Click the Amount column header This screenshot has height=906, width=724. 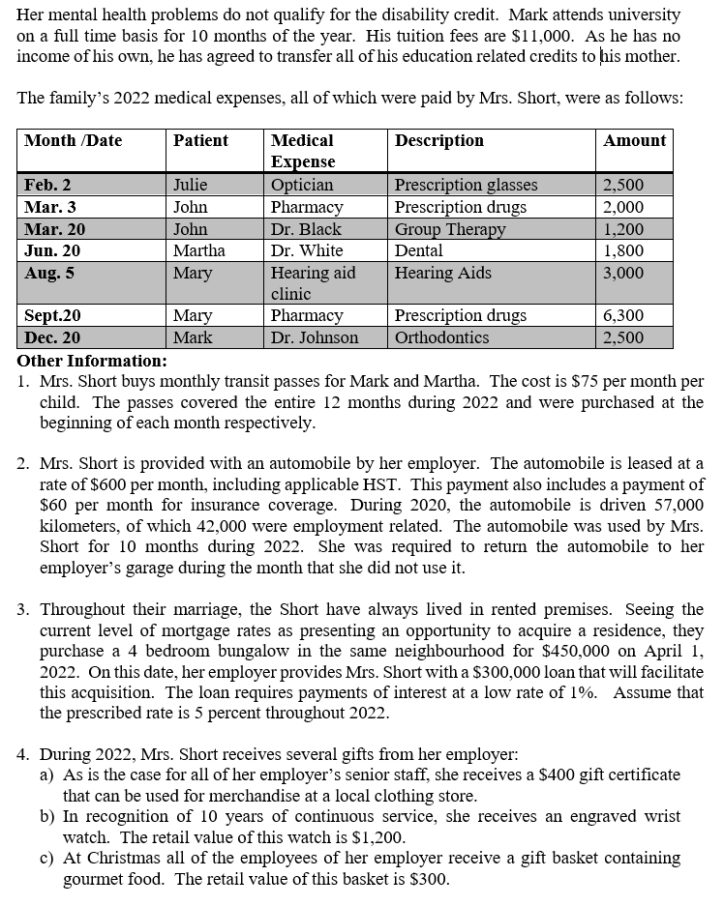coord(634,141)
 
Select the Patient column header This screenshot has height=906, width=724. coord(200,141)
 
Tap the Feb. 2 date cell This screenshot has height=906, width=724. coord(47,185)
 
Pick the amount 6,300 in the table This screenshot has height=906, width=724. coord(623,316)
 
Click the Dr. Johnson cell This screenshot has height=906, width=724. coord(315,338)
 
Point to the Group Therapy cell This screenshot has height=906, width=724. coord(450,229)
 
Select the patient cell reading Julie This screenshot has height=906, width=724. coord(190,185)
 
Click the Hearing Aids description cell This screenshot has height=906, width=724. coord(442,274)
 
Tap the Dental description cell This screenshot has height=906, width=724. coord(418,251)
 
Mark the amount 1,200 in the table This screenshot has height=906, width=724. coord(623,229)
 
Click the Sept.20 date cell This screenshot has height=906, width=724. coord(52,316)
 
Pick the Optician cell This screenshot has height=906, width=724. coord(302,185)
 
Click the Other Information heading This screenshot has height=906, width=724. coord(92,361)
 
